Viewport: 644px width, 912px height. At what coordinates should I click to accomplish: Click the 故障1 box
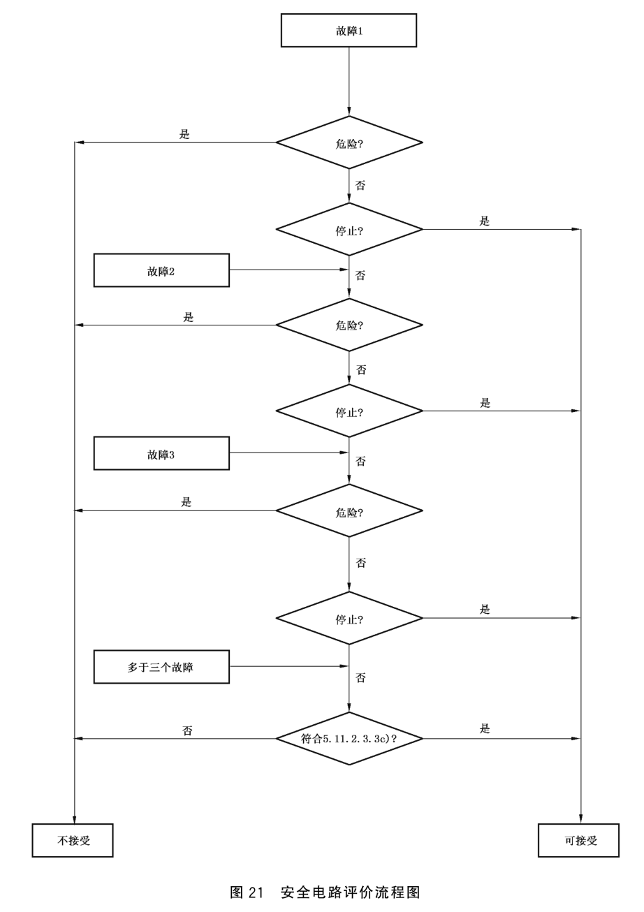click(x=349, y=31)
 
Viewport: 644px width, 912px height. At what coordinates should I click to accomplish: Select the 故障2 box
click(x=161, y=270)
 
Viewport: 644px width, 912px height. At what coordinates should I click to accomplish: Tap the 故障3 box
click(x=161, y=453)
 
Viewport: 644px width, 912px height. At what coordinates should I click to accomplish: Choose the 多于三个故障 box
click(x=161, y=667)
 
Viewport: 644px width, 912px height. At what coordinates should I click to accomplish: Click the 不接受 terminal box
click(x=73, y=840)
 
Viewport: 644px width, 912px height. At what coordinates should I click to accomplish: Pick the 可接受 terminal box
click(x=578, y=840)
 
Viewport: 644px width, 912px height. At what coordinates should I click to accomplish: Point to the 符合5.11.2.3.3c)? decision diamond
click(x=349, y=738)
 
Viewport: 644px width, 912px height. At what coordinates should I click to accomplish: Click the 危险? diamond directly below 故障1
click(x=349, y=142)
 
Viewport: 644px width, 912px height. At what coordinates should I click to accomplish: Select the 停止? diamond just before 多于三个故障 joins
click(x=349, y=618)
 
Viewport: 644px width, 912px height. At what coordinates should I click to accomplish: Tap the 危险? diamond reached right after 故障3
click(x=349, y=510)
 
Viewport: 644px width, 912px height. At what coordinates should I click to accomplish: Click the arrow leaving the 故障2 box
click(x=288, y=270)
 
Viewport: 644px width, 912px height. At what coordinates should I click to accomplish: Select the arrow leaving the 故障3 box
click(x=288, y=453)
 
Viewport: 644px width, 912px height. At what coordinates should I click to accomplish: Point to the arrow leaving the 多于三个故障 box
click(x=288, y=666)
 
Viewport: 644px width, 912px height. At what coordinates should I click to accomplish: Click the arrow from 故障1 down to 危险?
click(x=349, y=81)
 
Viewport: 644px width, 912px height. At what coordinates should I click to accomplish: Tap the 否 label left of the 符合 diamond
click(x=187, y=730)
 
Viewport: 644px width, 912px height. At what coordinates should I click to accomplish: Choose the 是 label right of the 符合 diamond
click(x=485, y=728)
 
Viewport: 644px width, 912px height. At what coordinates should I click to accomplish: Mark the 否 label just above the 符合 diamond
click(x=360, y=677)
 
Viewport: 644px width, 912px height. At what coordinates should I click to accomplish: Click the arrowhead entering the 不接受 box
click(x=75, y=819)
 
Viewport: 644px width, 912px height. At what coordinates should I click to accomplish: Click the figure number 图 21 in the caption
click(x=247, y=892)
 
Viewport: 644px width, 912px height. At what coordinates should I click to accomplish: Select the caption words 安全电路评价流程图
click(x=351, y=892)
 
